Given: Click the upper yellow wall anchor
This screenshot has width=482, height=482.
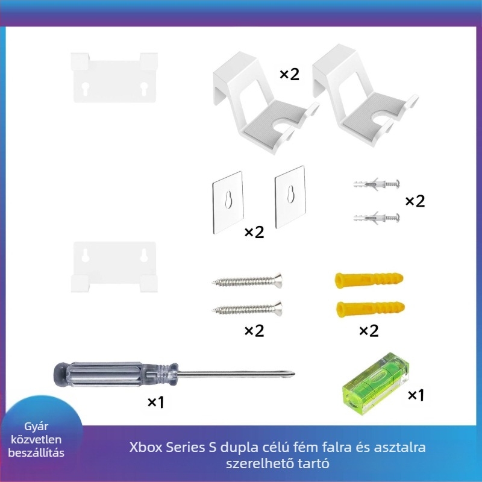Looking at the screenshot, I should [x=368, y=280].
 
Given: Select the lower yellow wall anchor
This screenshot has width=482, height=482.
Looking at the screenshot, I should [x=368, y=309].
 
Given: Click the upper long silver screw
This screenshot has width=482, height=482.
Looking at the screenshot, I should [x=247, y=280].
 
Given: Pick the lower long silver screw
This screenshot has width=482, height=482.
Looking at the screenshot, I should [x=247, y=309].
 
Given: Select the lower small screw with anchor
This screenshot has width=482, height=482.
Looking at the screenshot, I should [x=375, y=216].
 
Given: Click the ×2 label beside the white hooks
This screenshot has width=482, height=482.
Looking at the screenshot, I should [x=289, y=74].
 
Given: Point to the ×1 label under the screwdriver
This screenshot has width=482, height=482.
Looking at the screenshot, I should [x=155, y=402].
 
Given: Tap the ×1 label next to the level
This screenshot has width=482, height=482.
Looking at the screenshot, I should [x=416, y=395].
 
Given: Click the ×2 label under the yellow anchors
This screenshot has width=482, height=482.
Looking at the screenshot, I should [x=368, y=331].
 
